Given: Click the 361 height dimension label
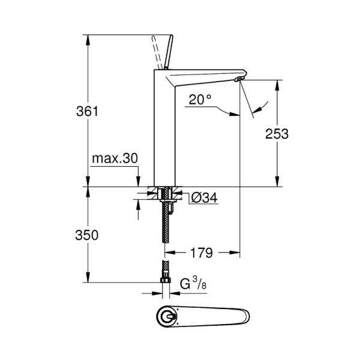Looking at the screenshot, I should pos(87,112).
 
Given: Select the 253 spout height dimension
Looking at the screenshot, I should pos(277,133).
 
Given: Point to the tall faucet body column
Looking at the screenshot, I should pos(164,132).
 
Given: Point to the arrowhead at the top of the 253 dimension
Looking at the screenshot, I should pos(277,83).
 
